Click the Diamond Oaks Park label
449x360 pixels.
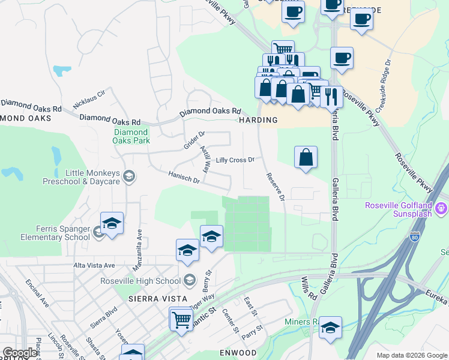(x=130, y=136)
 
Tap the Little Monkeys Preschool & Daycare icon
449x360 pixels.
(x=129, y=176)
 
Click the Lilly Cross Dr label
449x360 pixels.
(x=235, y=160)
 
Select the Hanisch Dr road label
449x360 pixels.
(x=184, y=179)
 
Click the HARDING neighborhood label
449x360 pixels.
(x=259, y=120)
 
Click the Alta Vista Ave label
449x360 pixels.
(x=94, y=265)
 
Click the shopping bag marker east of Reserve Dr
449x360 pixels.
(x=306, y=157)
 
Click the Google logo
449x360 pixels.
(x=20, y=353)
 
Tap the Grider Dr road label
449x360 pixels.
(x=194, y=140)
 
